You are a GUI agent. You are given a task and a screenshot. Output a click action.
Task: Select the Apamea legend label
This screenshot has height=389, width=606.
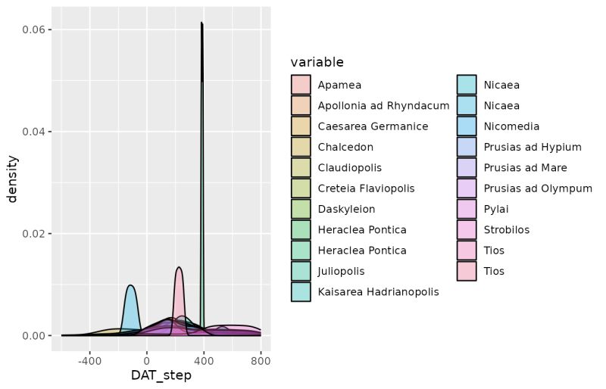click(x=339, y=85)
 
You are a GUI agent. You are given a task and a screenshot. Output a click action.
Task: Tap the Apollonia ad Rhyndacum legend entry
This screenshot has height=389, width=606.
click(x=383, y=106)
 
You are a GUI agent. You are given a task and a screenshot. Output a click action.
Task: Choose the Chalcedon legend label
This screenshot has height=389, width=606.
click(x=345, y=147)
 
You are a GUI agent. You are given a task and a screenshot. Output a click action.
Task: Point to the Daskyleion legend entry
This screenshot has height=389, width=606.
click(x=346, y=209)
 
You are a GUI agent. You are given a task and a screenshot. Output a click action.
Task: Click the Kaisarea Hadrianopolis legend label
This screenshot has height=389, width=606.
click(x=378, y=291)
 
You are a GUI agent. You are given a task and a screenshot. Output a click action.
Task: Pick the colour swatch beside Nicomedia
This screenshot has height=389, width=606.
click(x=467, y=126)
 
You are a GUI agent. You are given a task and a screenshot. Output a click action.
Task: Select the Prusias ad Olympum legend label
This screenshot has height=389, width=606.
click(x=538, y=188)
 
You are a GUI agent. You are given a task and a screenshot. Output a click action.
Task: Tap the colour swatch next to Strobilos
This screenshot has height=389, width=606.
click(x=467, y=229)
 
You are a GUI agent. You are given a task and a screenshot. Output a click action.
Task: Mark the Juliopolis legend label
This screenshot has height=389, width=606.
click(x=341, y=271)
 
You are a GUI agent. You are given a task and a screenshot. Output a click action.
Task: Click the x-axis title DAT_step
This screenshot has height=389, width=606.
click(x=161, y=375)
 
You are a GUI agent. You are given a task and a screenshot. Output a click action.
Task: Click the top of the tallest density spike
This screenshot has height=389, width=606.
click(x=201, y=24)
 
